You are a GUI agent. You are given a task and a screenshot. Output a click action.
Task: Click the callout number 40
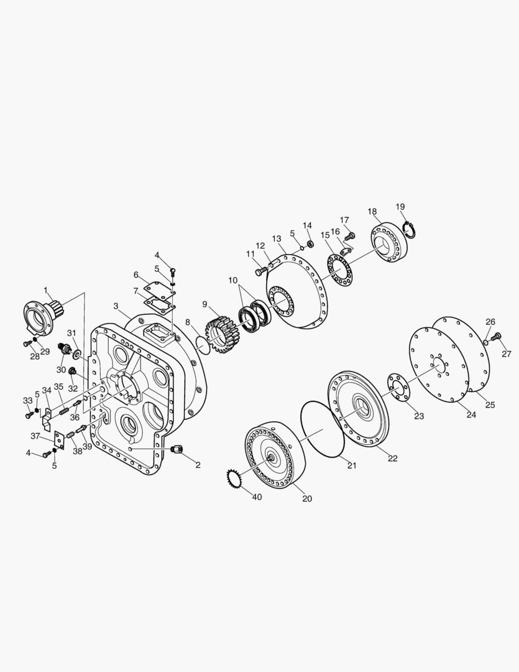pyautogui.click(x=257, y=497)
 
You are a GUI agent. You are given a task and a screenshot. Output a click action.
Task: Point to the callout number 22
pyautogui.click(x=393, y=459)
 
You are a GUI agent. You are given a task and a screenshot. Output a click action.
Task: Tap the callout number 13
pyautogui.click(x=277, y=238)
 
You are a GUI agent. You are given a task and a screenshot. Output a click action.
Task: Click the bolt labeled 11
pyautogui.click(x=260, y=272)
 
